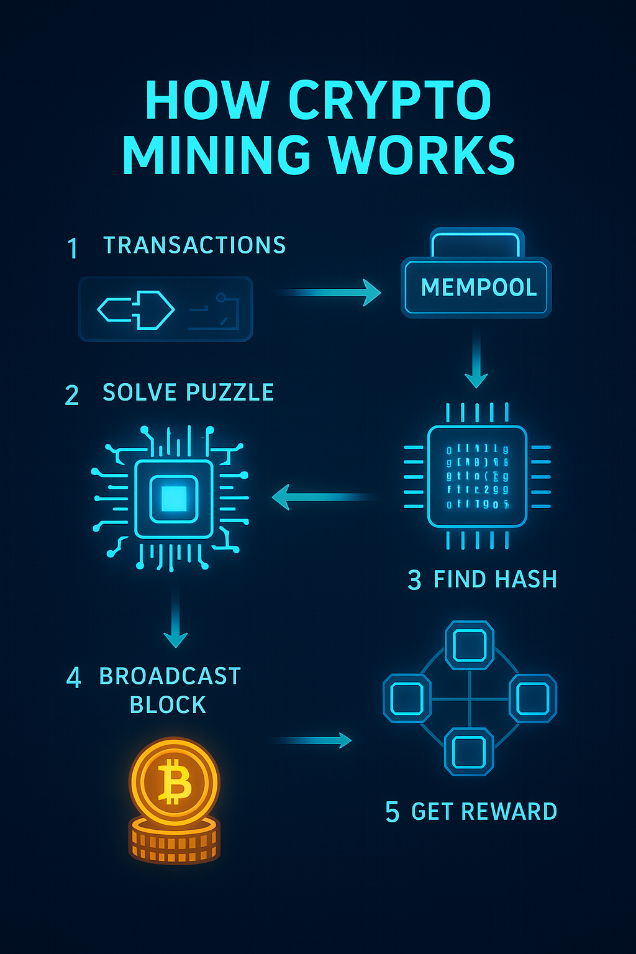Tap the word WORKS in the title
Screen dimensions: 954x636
pyautogui.click(x=422, y=155)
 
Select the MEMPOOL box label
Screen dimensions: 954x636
pyautogui.click(x=478, y=288)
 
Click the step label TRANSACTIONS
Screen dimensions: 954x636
pyautogui.click(x=194, y=245)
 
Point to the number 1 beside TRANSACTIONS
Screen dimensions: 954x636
pyautogui.click(x=73, y=248)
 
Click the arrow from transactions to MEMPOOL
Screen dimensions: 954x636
pyautogui.click(x=329, y=292)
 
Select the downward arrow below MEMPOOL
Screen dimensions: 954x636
pyautogui.click(x=476, y=360)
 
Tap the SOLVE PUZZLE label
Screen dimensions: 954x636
pyautogui.click(x=188, y=393)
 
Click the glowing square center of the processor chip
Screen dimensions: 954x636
pyautogui.click(x=174, y=498)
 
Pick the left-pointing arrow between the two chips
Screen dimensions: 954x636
pyautogui.click(x=323, y=497)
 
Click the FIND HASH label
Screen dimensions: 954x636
pyautogui.click(x=495, y=579)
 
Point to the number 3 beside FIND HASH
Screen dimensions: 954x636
pyautogui.click(x=414, y=580)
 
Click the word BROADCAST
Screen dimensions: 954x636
pyautogui.click(x=170, y=676)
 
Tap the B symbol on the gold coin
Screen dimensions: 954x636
pyautogui.click(x=175, y=783)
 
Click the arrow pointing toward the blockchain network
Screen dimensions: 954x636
pyautogui.click(x=312, y=740)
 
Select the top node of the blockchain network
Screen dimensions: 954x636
pyautogui.click(x=470, y=645)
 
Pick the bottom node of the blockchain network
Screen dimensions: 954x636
pyautogui.click(x=470, y=752)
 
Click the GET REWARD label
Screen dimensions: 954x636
pyautogui.click(x=484, y=812)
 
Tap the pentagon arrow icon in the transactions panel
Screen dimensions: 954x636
pyautogui.click(x=136, y=309)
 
